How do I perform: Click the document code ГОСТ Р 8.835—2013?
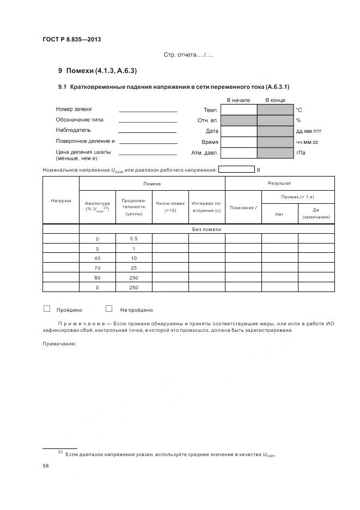pos(71,39)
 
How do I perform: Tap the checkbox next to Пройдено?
pos(47,308)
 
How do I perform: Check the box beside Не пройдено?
pos(109,308)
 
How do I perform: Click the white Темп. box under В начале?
pos(239,110)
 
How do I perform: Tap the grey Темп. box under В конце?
pos(275,110)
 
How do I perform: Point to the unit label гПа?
pos(301,153)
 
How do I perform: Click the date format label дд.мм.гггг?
pos(309,131)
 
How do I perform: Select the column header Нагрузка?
pos(61,201)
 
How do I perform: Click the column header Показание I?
pos(243,208)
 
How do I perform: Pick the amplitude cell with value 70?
pos(97,268)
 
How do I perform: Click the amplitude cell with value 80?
pos(97,278)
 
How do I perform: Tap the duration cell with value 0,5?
pos(134,239)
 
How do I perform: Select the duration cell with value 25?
pos(134,268)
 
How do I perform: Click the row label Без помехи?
pos(206,229)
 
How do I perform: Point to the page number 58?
pos(46,466)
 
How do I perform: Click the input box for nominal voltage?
pos(236,169)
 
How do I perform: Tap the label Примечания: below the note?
pos(59,343)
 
